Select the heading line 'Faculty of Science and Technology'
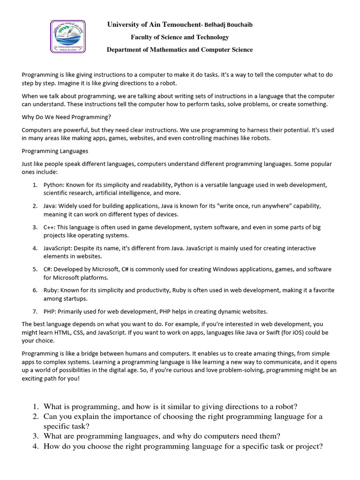point(180,37)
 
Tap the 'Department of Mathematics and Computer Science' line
point(180,50)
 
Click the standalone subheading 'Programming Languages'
point(55,151)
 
